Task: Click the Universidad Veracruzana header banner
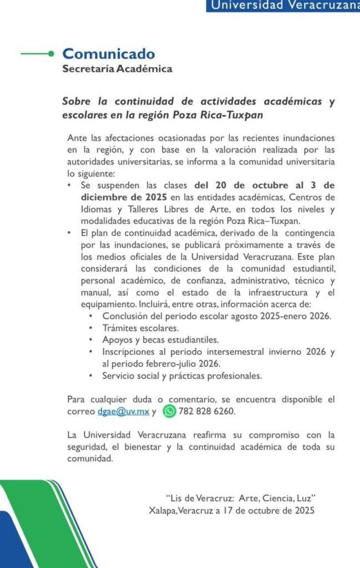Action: pyautogui.click(x=283, y=6)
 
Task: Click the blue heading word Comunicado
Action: pyautogui.click(x=109, y=54)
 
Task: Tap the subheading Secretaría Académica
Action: pyautogui.click(x=117, y=69)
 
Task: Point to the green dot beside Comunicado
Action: pyautogui.click(x=51, y=54)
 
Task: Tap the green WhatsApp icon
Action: pyautogui.click(x=170, y=412)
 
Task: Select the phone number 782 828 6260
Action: pyautogui.click(x=207, y=412)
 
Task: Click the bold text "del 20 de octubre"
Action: pyautogui.click(x=230, y=185)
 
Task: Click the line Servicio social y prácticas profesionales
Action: pyautogui.click(x=181, y=376)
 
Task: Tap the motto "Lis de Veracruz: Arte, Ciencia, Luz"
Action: pyautogui.click(x=241, y=498)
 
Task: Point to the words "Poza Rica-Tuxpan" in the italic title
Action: pyautogui.click(x=218, y=115)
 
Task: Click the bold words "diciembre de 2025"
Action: pyautogui.click(x=117, y=197)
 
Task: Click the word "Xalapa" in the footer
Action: pyautogui.click(x=163, y=510)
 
